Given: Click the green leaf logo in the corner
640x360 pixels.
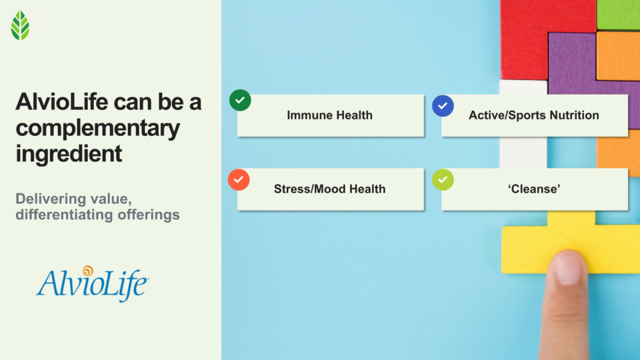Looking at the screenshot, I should click(x=20, y=25).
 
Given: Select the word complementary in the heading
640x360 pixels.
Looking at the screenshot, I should click(x=97, y=128).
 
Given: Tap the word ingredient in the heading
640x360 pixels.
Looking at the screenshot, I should click(x=69, y=153).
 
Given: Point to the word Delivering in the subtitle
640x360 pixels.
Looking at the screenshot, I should click(x=49, y=199).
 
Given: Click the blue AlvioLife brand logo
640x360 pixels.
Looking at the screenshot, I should click(x=92, y=283).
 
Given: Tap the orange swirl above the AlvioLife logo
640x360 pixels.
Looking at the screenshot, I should click(x=87, y=271).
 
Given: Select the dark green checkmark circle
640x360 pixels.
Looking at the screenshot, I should click(x=240, y=101).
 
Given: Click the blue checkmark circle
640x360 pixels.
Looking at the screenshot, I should click(x=443, y=106).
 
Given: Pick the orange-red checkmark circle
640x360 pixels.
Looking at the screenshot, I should click(x=239, y=180).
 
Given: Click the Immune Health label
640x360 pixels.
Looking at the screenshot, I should click(x=329, y=115).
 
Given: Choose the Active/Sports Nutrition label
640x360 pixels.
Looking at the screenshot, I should click(x=533, y=115).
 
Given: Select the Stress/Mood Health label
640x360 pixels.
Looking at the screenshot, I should click(x=329, y=189).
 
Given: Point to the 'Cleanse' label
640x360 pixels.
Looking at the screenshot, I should click(x=533, y=189).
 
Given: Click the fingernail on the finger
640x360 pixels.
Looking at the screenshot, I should click(x=569, y=266).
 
